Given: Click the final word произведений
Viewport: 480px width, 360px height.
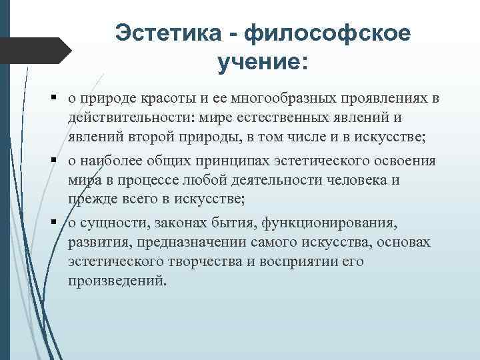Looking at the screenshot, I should pyautogui.click(x=115, y=280).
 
